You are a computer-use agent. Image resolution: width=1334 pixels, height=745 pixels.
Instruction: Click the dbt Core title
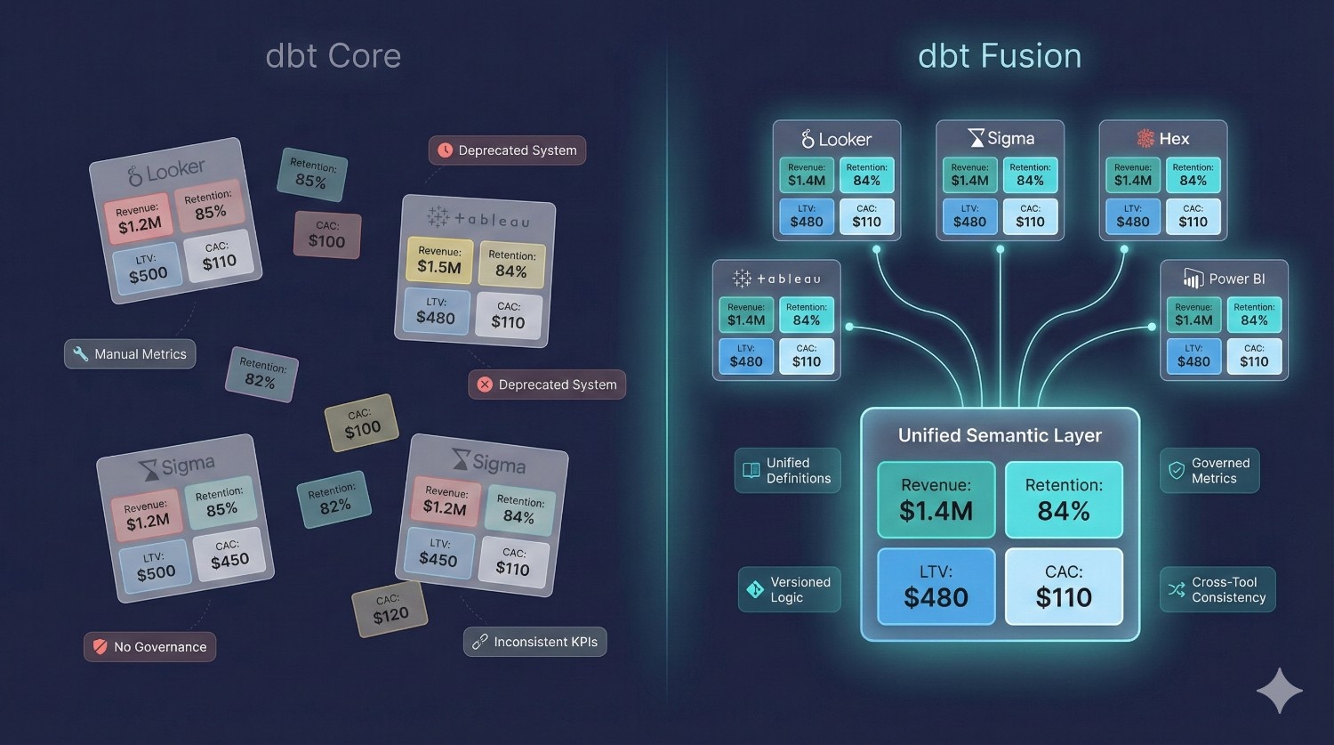click(x=333, y=56)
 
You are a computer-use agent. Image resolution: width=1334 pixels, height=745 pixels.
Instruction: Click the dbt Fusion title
click(x=1000, y=56)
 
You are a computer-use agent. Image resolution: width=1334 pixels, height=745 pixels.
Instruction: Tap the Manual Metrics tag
click(x=130, y=354)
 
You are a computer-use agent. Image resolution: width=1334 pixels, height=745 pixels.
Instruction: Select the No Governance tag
click(x=149, y=647)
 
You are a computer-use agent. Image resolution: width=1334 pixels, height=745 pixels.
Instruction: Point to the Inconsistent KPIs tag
click(x=534, y=642)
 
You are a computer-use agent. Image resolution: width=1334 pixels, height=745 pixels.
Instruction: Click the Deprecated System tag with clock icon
click(x=507, y=150)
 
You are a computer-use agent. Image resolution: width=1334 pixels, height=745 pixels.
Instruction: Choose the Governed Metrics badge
click(x=1209, y=471)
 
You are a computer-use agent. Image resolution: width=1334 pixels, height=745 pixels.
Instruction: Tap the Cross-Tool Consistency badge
click(x=1217, y=589)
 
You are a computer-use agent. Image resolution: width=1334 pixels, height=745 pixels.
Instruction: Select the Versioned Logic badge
click(x=789, y=589)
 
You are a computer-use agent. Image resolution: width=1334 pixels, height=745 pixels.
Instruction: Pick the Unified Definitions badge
click(x=787, y=471)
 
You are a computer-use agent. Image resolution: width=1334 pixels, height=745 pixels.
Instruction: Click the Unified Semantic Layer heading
click(x=1000, y=435)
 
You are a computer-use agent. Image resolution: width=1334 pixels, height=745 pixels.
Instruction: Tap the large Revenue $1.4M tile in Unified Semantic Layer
click(x=936, y=499)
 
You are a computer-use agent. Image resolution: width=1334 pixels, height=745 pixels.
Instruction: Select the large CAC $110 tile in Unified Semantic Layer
click(x=1064, y=587)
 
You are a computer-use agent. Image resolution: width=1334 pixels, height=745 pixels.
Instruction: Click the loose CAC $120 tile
click(x=390, y=609)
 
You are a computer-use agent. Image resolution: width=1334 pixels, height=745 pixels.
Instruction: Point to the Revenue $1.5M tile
click(x=439, y=260)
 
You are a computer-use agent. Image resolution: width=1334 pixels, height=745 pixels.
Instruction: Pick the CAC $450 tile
click(x=229, y=554)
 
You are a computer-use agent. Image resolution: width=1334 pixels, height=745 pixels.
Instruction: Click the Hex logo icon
click(x=1145, y=139)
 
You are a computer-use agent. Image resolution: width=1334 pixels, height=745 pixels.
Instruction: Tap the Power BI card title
click(x=1224, y=279)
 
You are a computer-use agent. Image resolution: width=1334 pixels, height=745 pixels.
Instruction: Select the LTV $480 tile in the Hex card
click(x=1133, y=216)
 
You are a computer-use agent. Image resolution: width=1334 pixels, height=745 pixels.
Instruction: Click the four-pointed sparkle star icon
click(x=1279, y=691)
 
